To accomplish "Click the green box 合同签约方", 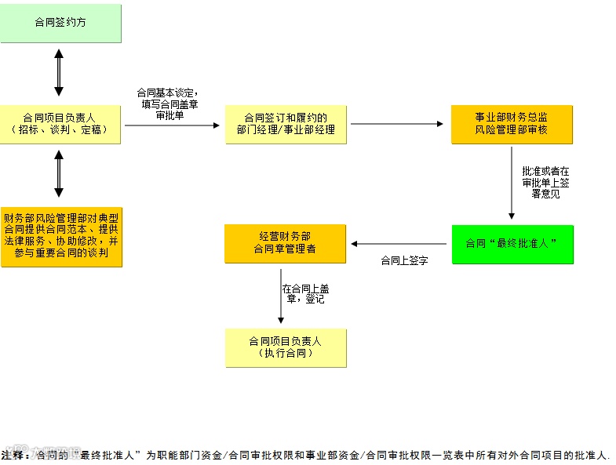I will [x=60, y=23].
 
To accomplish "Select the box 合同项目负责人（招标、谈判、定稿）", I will [x=60, y=124].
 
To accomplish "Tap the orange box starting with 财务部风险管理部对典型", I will [x=61, y=236].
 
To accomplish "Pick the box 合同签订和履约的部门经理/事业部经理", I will [x=286, y=124].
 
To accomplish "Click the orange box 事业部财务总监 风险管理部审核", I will [x=511, y=124].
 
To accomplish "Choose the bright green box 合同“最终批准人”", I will [x=512, y=244].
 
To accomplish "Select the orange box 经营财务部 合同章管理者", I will [x=285, y=244].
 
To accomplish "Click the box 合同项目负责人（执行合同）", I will [x=286, y=347].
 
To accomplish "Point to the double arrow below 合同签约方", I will [x=59, y=74].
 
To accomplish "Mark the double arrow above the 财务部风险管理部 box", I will [x=59, y=174].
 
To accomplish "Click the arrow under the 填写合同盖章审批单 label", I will [x=173, y=125].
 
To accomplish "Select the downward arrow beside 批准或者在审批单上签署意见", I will [x=512, y=184].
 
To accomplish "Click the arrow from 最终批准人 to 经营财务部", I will [x=399, y=244].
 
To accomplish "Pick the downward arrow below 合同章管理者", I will [x=281, y=296].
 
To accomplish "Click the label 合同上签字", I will [x=404, y=260].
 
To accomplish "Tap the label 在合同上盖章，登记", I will [x=305, y=294].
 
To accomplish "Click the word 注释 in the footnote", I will [x=14, y=454].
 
